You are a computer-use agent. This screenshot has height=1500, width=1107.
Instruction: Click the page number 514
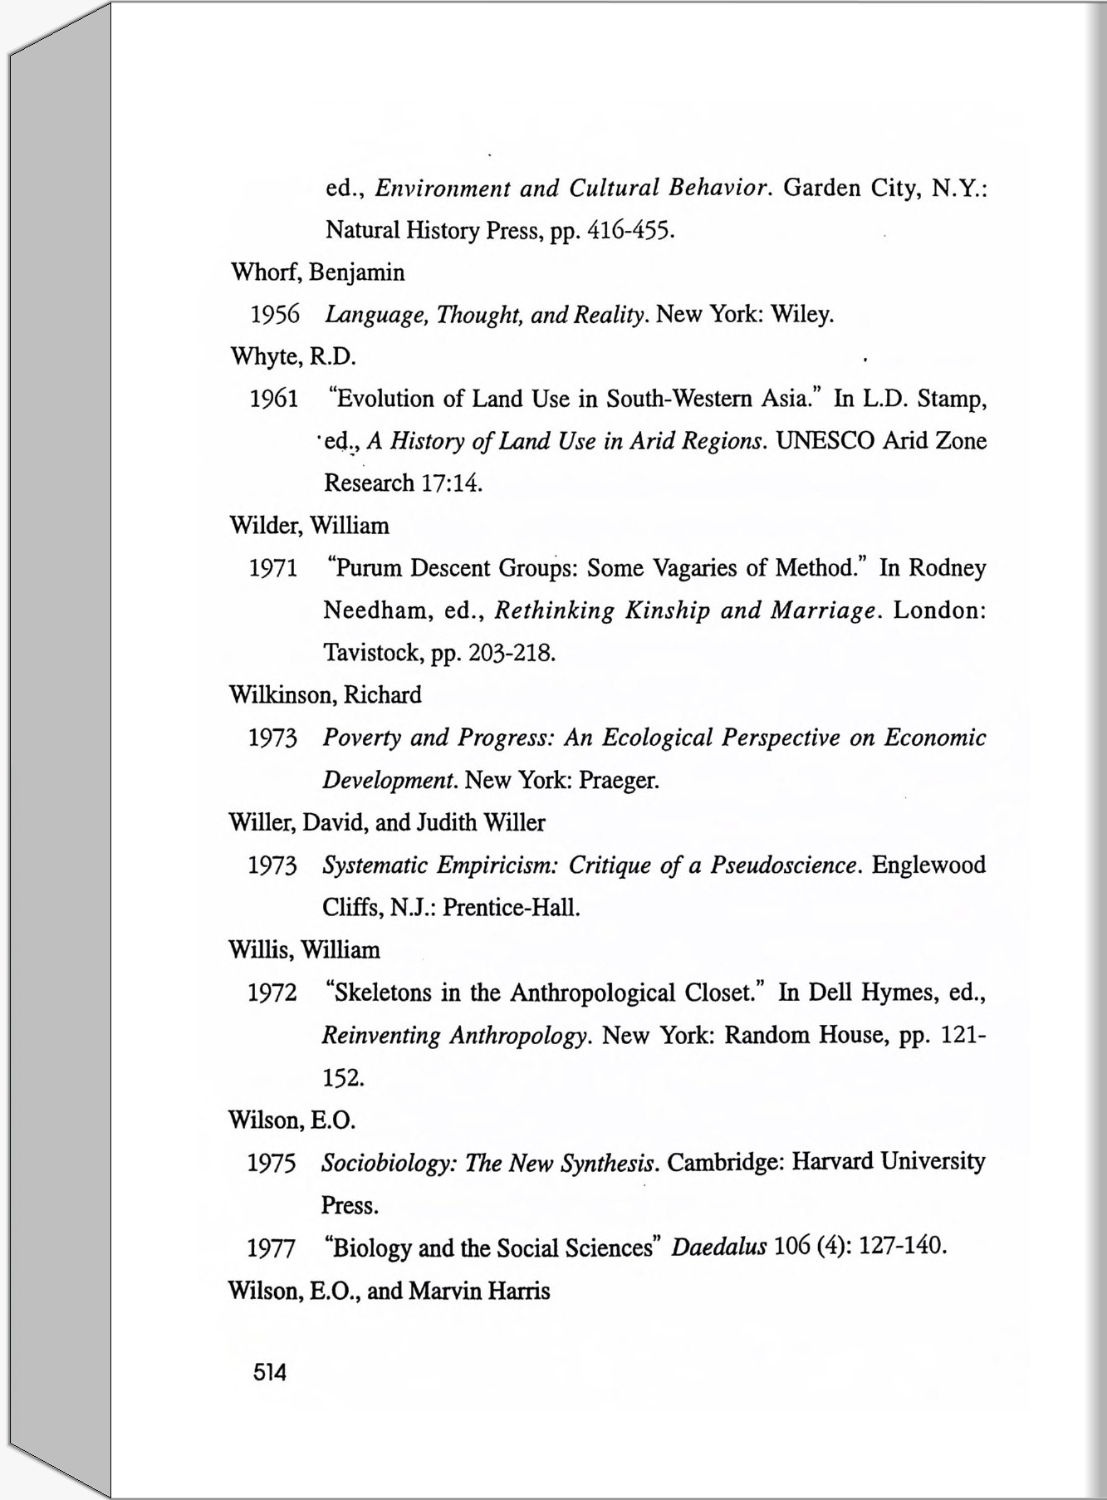click(270, 1373)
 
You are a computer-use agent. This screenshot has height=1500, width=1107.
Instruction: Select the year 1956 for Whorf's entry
click(275, 315)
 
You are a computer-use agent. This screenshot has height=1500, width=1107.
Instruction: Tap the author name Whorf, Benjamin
click(317, 272)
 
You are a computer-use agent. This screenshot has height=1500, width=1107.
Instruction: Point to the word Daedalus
click(718, 1248)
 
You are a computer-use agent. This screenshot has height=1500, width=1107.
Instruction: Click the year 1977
click(272, 1248)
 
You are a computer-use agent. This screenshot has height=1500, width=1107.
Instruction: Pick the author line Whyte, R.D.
click(293, 357)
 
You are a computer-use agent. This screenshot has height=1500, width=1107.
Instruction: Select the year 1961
click(274, 400)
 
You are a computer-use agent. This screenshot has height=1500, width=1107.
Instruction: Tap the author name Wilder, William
click(309, 526)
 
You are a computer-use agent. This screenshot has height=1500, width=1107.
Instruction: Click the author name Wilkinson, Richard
click(325, 695)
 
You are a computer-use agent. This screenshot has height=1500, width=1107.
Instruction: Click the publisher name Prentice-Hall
click(511, 908)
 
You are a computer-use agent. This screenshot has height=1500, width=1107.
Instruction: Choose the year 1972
click(272, 993)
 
